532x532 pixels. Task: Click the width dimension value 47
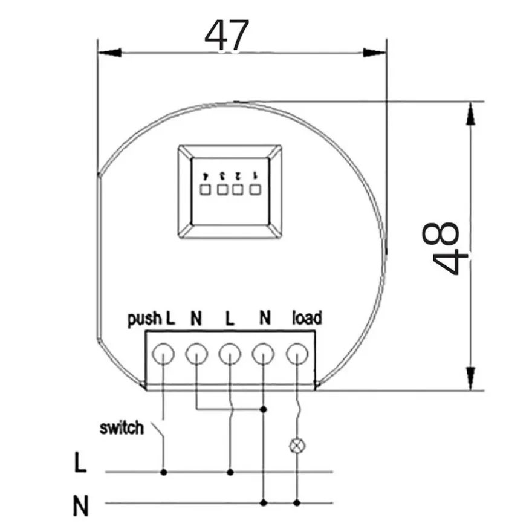(227, 35)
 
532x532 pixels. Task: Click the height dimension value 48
(441, 248)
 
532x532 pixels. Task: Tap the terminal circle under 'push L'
(163, 354)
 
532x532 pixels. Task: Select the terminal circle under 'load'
(297, 354)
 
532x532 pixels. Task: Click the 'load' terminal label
(307, 318)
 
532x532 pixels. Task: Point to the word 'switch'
(122, 428)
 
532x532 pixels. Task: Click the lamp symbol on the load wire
(297, 446)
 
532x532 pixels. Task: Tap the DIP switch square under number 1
(255, 190)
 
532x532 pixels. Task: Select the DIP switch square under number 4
(206, 190)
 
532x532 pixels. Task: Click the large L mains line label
(80, 462)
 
